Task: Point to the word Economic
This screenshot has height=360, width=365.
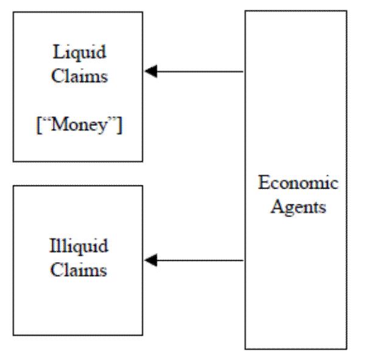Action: click(x=298, y=182)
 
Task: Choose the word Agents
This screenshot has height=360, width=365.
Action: click(x=298, y=207)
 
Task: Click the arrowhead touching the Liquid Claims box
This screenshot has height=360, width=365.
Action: click(x=151, y=72)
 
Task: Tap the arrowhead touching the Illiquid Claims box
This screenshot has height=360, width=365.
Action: click(x=151, y=261)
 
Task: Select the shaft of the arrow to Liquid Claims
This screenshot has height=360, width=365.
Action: click(x=201, y=72)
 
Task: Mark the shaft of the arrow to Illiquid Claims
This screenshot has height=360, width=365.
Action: click(x=201, y=261)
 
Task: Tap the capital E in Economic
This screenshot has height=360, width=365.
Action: click(x=263, y=182)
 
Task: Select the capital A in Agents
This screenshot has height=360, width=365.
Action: click(x=275, y=207)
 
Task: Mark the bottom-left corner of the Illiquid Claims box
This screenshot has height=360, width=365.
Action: click(x=13, y=335)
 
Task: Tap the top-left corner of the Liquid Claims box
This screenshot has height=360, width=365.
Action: click(x=13, y=12)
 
